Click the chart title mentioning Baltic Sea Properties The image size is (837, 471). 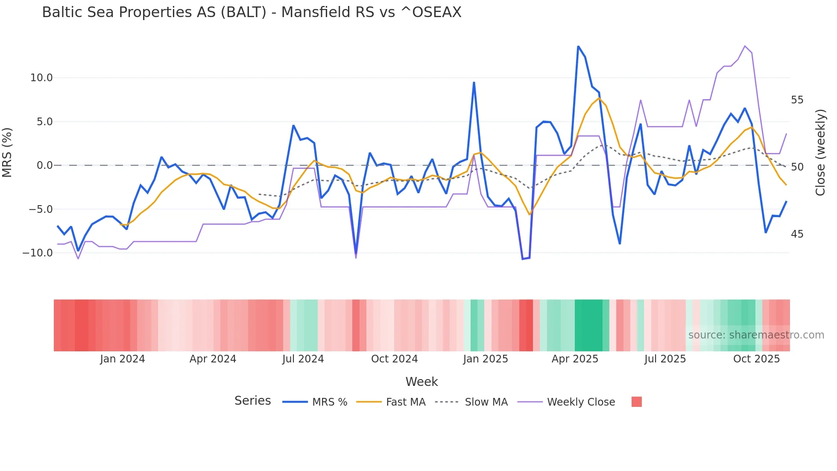pos(252,12)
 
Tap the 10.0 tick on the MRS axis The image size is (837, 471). pos(41,78)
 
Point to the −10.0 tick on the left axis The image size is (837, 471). pos(38,253)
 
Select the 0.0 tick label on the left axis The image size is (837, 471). pos(44,165)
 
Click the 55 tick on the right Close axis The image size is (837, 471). pos(797,100)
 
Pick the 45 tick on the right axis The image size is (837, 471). pos(797,234)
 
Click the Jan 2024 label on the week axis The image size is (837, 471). pos(123,359)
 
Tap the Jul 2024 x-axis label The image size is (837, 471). pos(303,359)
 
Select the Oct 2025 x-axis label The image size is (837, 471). pos(756,359)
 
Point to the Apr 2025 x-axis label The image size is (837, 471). pos(575,359)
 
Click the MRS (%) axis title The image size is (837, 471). pos(7,153)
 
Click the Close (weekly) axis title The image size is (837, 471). pos(820,153)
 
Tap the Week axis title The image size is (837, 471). pos(421,382)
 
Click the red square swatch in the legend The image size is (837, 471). pos(636,402)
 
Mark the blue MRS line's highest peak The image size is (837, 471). pos(578,47)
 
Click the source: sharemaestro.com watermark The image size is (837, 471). pos(756,335)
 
